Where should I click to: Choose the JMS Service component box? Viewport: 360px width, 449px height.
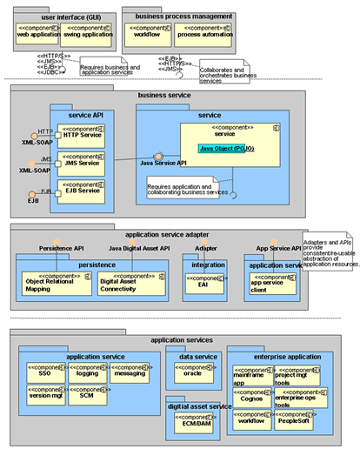pos(83,163)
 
